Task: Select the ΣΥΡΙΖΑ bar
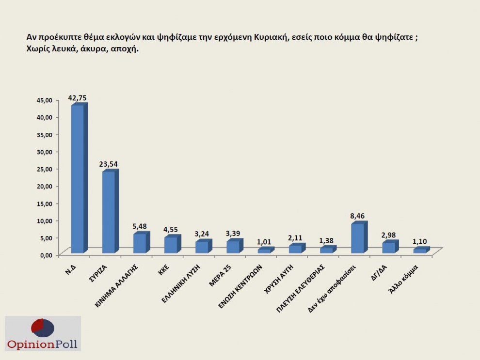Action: click(x=108, y=212)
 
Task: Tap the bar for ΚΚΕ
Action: click(x=171, y=245)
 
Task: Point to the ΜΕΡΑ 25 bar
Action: click(x=233, y=247)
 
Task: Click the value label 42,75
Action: click(x=78, y=98)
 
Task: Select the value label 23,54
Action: click(x=109, y=164)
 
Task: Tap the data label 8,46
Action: click(x=358, y=217)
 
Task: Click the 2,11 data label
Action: click(x=296, y=238)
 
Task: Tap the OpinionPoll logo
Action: click(x=42, y=333)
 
